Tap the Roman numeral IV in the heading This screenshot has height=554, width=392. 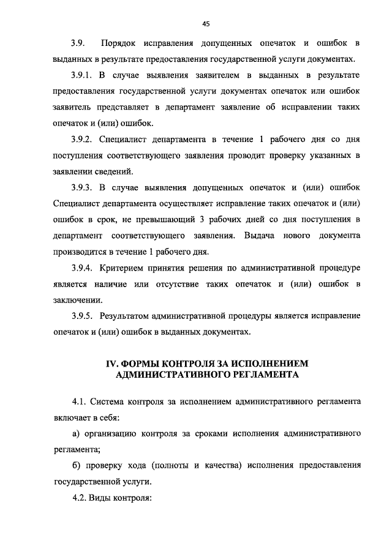112,364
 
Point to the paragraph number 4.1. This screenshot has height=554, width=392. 78,402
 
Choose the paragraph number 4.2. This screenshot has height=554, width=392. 78,497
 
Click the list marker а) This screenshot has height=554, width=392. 76,433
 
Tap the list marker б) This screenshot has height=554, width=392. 76,465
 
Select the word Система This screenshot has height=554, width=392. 107,402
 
